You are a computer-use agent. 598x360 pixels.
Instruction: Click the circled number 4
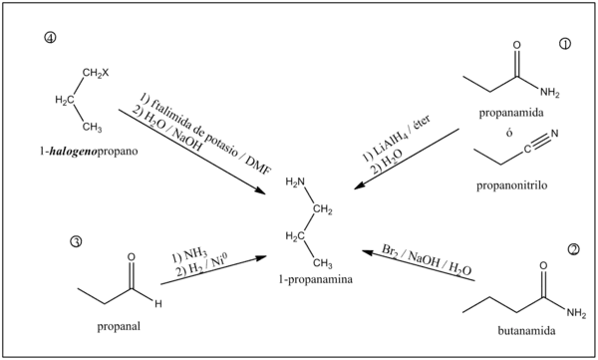coord(50,38)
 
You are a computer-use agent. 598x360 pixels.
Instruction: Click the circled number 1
coord(565,44)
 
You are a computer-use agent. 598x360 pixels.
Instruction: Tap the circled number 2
coord(574,249)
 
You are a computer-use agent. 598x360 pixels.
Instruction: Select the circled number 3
coord(76,241)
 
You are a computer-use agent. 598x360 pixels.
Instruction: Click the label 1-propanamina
coord(315,279)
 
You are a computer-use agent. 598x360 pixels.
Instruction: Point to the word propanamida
coord(511,113)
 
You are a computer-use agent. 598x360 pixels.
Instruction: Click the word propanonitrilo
coord(511,185)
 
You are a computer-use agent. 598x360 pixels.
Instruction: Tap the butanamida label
coord(526,331)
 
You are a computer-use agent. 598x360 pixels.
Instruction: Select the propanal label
coord(119,326)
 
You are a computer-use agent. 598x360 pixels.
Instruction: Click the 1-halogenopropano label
coord(89,152)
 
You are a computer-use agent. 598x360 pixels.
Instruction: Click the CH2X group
coord(96,73)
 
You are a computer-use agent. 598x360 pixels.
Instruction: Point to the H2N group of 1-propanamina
coord(295,182)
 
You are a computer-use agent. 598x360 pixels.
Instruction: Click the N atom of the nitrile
coord(554,134)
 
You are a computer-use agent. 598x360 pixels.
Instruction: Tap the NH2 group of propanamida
coord(549,93)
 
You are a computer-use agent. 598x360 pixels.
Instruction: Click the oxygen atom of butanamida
coord(543,265)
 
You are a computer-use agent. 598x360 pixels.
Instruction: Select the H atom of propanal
coord(158,304)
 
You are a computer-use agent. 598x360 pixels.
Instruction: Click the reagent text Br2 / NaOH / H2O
coord(427,259)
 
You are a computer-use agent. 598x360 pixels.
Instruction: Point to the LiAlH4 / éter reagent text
coord(397,137)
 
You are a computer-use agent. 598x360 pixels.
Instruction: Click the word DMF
coord(258,166)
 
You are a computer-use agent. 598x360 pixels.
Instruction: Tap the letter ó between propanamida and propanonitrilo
coord(509,133)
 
